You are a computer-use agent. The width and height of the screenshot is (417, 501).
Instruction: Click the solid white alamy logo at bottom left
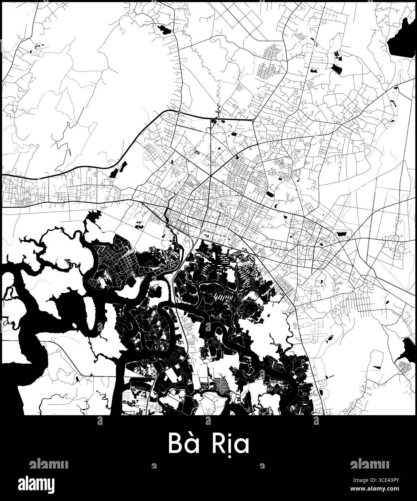tap(41, 484)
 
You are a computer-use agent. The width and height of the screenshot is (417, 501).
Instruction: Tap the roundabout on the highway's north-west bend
tap(179, 112)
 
